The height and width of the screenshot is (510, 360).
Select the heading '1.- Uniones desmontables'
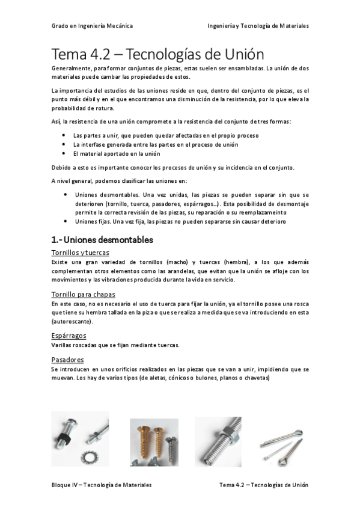tap(102, 239)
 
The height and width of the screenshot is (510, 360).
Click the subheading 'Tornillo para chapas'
tap(83, 294)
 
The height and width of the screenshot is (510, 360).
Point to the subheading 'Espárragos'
tap(69, 336)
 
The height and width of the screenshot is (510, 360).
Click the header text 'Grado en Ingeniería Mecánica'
tap(92, 26)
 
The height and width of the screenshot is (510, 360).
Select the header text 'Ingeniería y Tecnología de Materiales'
tap(257, 26)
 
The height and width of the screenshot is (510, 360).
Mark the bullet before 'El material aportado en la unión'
tap(64, 153)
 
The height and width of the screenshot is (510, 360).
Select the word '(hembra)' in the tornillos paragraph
tap(237, 262)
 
